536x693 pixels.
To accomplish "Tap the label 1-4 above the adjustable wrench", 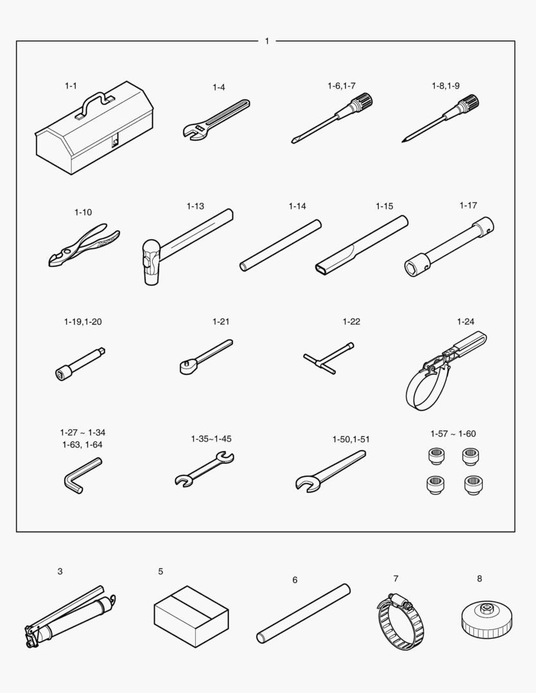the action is [219, 87].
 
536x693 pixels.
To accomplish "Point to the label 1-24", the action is [465, 321].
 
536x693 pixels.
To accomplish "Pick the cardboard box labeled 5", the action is [191, 617].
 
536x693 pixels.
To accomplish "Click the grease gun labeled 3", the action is [70, 617].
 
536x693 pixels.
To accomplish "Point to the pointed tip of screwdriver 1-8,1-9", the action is [403, 141].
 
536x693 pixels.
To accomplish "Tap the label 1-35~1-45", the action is [211, 439].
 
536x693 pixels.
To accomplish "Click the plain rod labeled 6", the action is [304, 613].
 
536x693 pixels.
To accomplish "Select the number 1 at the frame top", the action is [266, 41].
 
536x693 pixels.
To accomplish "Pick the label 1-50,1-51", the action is [351, 440].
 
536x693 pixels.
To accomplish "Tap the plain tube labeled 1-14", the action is [281, 245].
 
